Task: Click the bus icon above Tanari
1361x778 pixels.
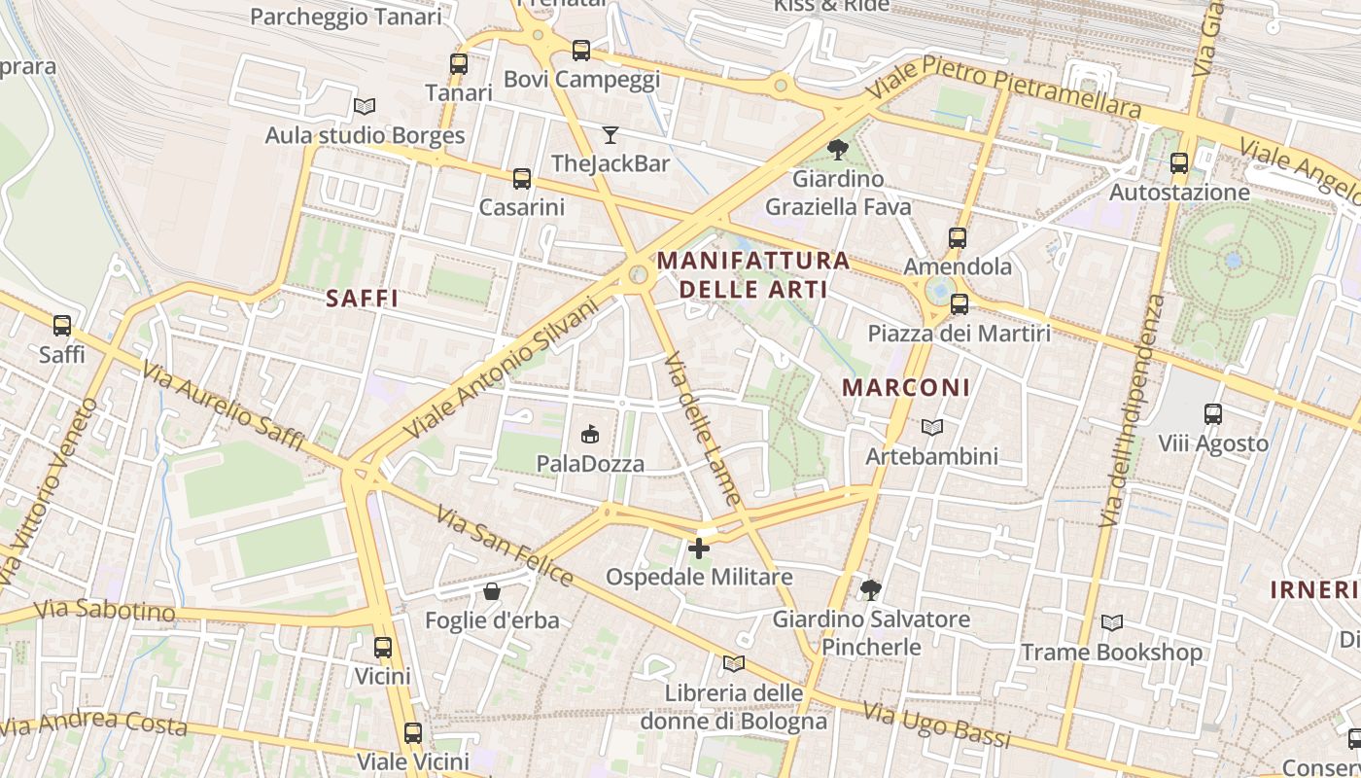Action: [x=459, y=64]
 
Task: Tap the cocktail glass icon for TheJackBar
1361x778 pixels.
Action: [x=611, y=134]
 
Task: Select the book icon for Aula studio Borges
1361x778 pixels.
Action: [x=365, y=106]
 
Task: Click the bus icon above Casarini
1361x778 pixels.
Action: [x=522, y=178]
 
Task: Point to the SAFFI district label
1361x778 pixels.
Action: [x=363, y=299]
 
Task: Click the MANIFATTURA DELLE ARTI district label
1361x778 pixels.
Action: [x=753, y=275]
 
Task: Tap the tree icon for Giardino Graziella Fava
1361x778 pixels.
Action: [x=837, y=150]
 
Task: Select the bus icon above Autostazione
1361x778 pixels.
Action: [x=1179, y=163]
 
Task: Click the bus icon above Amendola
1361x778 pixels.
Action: [x=958, y=237]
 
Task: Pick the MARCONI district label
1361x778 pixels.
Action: [x=906, y=387]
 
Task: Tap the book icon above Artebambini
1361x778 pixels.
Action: [x=932, y=427]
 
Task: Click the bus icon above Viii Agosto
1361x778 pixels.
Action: [x=1213, y=414]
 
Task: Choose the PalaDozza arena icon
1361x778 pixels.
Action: [x=589, y=434]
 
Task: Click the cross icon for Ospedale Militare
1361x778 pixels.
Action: [x=699, y=548]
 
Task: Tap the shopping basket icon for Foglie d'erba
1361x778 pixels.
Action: [x=492, y=591]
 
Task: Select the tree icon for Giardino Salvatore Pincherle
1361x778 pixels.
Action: [x=871, y=589]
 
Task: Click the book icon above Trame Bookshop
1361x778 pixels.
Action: [x=1111, y=622]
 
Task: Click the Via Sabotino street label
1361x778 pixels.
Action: [x=104, y=611]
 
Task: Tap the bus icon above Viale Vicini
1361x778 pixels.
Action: [x=413, y=732]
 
